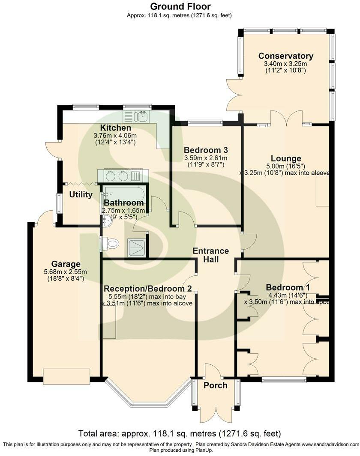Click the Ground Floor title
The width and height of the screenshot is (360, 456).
(x=180, y=6)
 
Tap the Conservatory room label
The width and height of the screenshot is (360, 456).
(x=286, y=56)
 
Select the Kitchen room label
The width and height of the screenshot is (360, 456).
(x=116, y=128)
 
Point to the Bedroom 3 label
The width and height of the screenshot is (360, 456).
(x=206, y=150)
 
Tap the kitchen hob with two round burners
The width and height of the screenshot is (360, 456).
(x=117, y=176)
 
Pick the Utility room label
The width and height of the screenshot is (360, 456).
(x=81, y=195)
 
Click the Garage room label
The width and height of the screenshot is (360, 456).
(x=66, y=264)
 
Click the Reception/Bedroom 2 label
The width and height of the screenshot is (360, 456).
(x=148, y=288)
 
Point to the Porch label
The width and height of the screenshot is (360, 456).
(x=216, y=385)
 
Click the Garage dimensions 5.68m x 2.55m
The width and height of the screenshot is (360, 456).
(x=66, y=271)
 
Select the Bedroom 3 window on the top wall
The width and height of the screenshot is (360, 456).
(x=205, y=123)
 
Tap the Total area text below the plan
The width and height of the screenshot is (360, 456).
(x=180, y=433)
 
